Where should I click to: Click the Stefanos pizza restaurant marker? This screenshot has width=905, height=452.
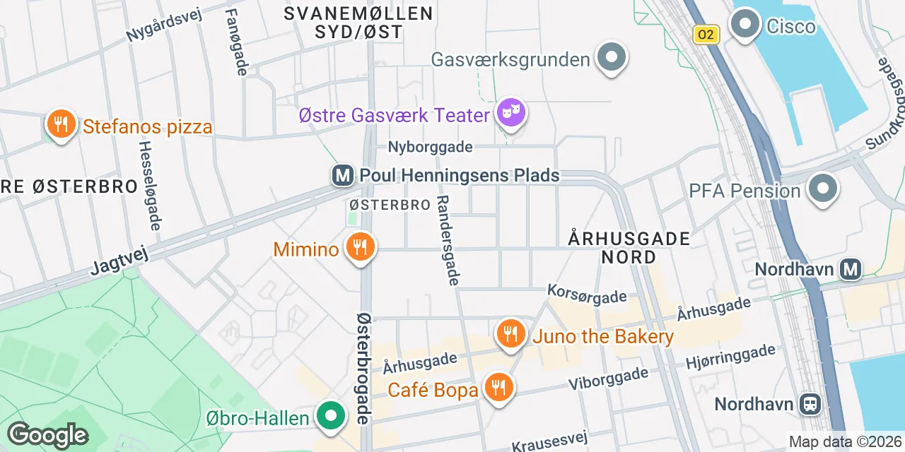62,125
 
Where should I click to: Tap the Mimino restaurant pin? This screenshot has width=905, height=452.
361,248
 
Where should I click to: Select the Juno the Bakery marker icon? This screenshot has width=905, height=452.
510,334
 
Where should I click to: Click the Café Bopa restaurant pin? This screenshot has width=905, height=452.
499,388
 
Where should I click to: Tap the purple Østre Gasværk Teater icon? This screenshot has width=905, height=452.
511,113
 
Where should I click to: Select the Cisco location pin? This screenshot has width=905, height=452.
744,25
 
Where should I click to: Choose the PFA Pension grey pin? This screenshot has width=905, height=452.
824,189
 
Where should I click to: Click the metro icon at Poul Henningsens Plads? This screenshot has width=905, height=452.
343,175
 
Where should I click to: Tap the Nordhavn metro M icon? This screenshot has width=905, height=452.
851,268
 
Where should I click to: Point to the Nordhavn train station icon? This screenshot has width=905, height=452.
810,404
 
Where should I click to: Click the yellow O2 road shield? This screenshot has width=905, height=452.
706,35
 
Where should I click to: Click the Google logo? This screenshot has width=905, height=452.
47,435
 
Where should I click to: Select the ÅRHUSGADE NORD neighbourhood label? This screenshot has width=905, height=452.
629,247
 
